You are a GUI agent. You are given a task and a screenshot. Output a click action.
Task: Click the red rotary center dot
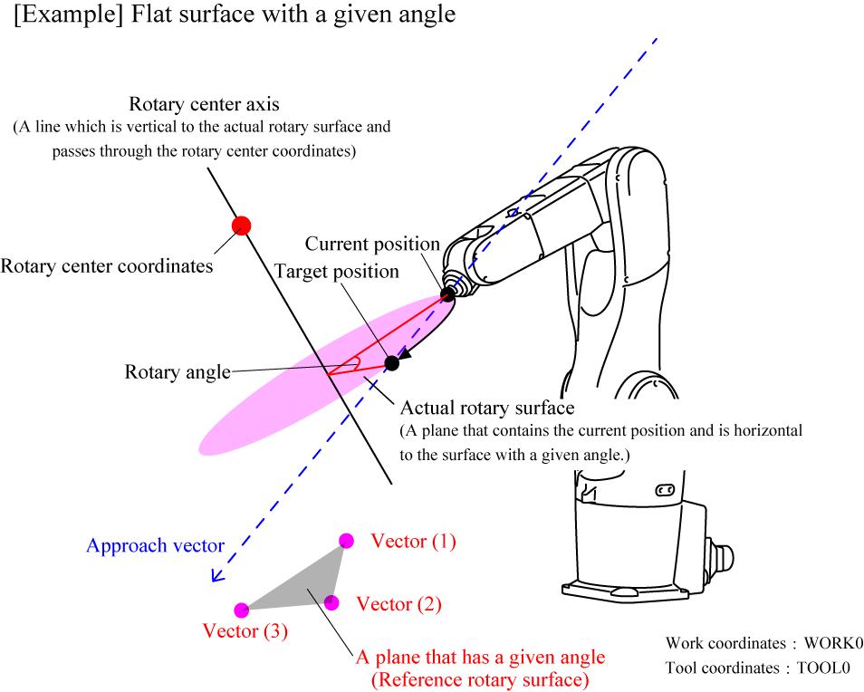(x=241, y=226)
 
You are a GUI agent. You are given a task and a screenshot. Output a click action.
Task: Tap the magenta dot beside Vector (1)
(x=346, y=541)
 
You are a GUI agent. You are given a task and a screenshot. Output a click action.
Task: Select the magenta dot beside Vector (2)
(x=331, y=602)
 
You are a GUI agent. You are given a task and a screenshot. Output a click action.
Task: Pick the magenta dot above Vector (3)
(x=241, y=610)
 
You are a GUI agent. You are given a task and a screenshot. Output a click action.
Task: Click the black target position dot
(x=391, y=363)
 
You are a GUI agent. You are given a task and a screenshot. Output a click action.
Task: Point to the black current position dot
(x=447, y=294)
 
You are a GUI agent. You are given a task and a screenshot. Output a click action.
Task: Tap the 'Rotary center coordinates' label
(x=107, y=266)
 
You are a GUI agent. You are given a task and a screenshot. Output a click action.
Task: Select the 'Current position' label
(x=372, y=244)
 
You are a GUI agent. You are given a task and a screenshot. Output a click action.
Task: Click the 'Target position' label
(x=337, y=272)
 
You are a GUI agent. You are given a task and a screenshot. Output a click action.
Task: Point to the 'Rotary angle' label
(x=177, y=371)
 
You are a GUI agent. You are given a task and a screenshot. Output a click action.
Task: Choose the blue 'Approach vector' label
(x=155, y=545)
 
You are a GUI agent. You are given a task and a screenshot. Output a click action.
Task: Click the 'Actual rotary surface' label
(x=487, y=408)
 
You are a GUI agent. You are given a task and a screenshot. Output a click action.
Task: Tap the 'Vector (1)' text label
(x=414, y=542)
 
